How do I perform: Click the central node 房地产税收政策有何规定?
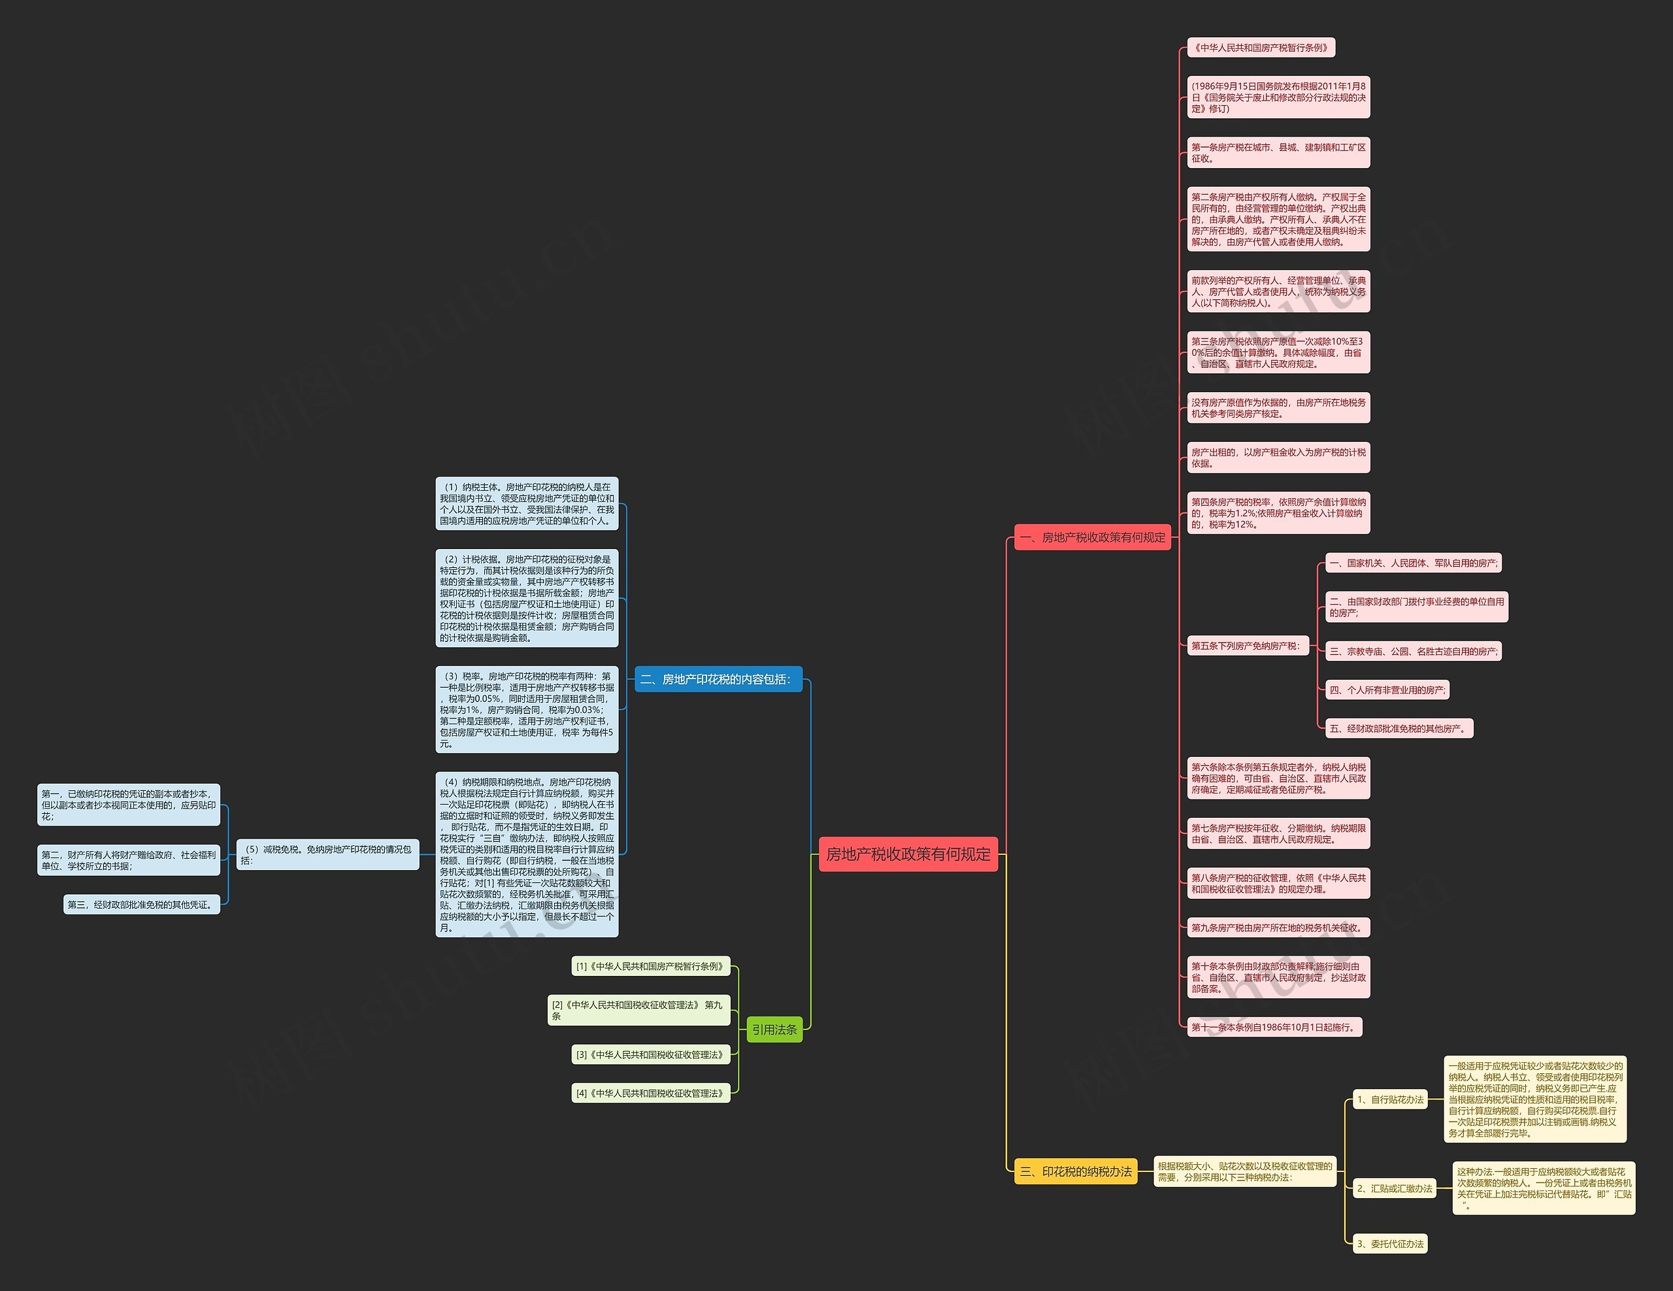[x=908, y=854]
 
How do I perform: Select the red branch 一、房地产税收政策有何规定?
[x=1093, y=537]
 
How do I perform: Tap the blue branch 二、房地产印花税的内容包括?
[x=718, y=679]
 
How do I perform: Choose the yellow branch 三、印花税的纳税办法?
[x=1076, y=1171]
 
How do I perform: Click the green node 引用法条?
[x=774, y=1030]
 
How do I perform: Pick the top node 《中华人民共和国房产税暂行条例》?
[x=1260, y=48]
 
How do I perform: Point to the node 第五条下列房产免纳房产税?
[x=1246, y=646]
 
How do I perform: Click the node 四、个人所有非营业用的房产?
[x=1387, y=690]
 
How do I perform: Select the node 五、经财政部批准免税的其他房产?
[x=1399, y=729]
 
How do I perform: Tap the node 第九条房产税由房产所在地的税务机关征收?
[x=1278, y=928]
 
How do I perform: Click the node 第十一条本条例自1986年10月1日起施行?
[x=1274, y=1028]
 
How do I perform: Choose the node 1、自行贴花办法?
[x=1389, y=1099]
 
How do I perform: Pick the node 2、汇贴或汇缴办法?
[x=1394, y=1188]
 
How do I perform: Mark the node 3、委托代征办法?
[x=1389, y=1245]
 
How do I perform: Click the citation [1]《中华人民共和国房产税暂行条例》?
[x=650, y=966]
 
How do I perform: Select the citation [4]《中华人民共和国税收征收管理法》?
[x=650, y=1094]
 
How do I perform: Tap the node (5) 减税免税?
[x=327, y=854]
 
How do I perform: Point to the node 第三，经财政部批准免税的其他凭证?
[x=142, y=905]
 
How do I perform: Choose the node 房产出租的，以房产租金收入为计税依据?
[x=1278, y=458]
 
